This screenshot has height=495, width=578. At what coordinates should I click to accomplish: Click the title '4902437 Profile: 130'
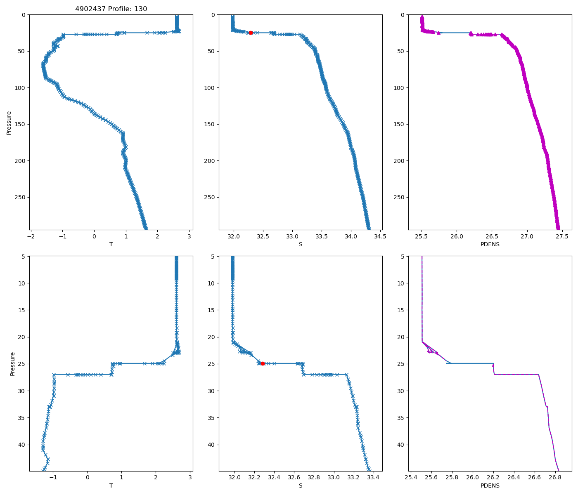[x=111, y=9]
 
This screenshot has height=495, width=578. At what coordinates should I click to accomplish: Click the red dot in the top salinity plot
[x=251, y=33]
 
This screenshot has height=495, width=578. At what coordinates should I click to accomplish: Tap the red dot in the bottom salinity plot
[x=263, y=363]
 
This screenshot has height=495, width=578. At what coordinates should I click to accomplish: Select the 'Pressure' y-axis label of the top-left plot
[x=9, y=123]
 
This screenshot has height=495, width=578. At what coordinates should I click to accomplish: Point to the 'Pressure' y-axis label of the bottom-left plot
[x=13, y=363]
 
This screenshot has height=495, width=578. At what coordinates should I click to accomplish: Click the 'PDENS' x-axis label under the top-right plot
[x=490, y=244]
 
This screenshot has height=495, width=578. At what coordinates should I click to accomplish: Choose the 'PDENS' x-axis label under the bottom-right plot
[x=490, y=486]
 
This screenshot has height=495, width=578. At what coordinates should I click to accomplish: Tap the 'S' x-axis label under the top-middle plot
[x=301, y=244]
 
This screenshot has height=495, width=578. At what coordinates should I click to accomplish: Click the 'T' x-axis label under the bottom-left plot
[x=111, y=486]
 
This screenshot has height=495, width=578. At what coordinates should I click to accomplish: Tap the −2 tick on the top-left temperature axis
[x=31, y=237]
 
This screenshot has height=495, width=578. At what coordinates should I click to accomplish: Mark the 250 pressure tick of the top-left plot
[x=19, y=197]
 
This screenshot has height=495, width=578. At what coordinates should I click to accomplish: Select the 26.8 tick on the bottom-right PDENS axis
[x=555, y=478]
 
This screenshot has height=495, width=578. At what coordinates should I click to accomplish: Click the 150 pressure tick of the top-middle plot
[x=209, y=124]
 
